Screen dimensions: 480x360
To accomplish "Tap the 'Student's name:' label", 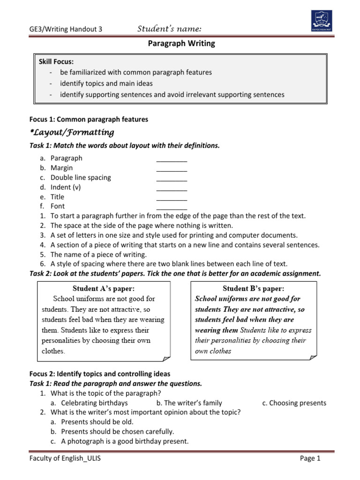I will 170,30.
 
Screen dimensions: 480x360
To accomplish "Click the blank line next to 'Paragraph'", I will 172,158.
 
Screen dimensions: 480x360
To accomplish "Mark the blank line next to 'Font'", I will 172,206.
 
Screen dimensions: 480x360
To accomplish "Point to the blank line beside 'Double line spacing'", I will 172,178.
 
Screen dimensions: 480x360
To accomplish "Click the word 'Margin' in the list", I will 61,168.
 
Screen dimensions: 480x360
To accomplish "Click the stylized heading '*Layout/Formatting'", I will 72,132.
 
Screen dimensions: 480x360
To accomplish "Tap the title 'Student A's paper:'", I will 106,288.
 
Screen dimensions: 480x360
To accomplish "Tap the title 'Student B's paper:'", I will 254,288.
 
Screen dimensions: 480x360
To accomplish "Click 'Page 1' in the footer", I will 310,458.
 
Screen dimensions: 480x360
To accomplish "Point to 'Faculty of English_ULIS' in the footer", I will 65,458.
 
